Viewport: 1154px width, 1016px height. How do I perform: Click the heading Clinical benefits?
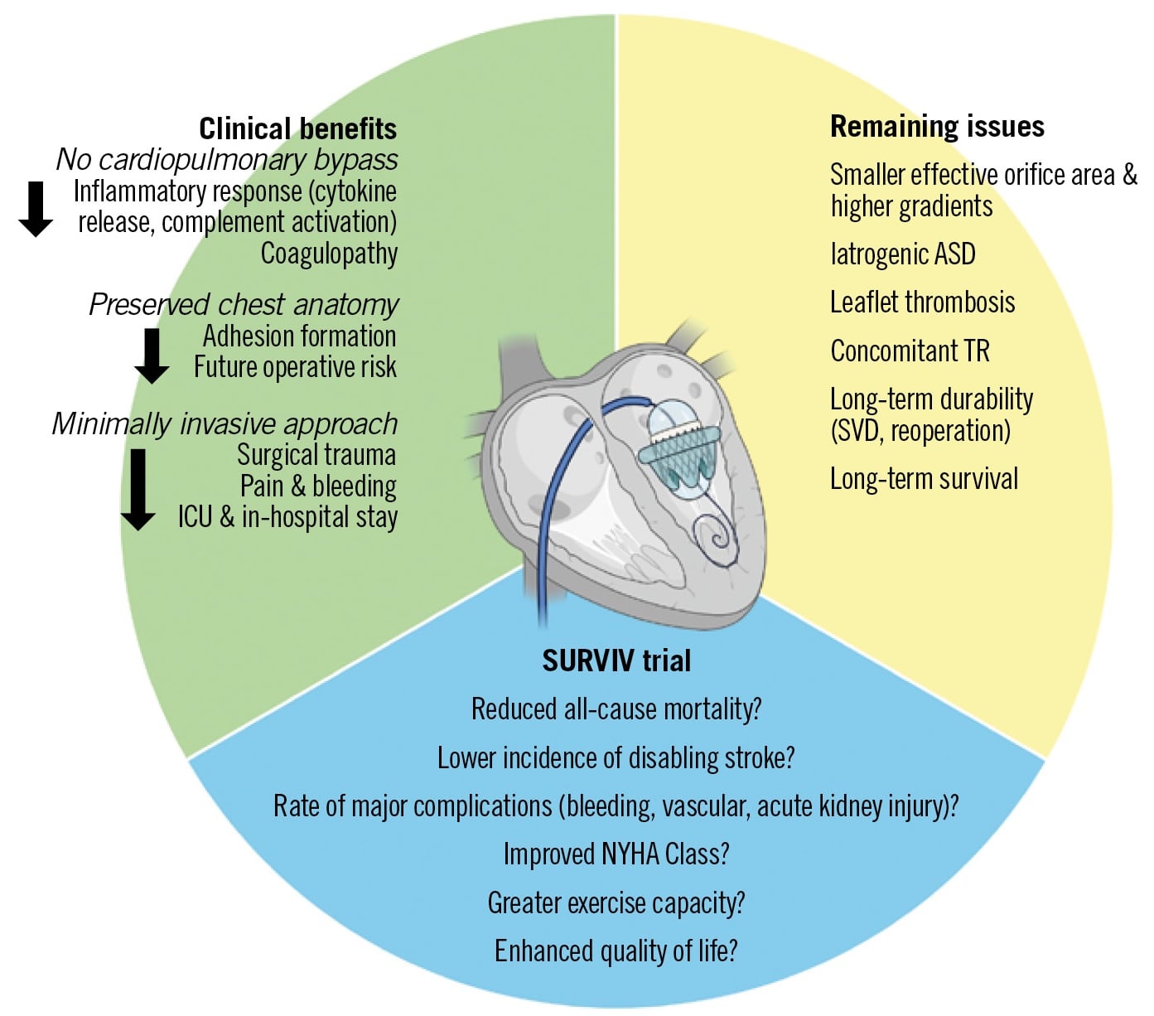coord(297,128)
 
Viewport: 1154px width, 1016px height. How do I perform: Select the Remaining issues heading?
coord(937,126)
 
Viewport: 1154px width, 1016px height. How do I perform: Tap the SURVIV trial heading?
coord(616,660)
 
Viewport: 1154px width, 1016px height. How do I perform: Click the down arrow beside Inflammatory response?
coord(36,209)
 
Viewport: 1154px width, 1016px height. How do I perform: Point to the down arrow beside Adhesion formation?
coord(152,356)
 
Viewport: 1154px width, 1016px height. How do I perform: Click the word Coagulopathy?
coord(329,254)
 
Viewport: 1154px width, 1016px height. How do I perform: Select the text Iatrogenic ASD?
coord(902,254)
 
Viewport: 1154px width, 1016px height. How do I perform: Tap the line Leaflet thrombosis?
coord(922,302)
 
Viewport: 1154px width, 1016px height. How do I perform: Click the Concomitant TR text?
coord(910,351)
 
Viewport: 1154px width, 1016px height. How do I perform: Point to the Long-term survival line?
coord(924,478)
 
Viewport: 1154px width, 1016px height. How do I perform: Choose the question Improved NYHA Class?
coord(616,854)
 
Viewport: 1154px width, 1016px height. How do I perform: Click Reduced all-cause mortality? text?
coord(616,709)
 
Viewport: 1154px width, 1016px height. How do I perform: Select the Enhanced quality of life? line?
coord(616,951)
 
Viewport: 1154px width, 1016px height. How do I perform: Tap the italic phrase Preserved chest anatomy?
coord(244,304)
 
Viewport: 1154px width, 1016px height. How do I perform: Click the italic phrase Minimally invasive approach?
coord(225,423)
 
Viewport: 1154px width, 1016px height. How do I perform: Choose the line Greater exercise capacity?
coord(616,902)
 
